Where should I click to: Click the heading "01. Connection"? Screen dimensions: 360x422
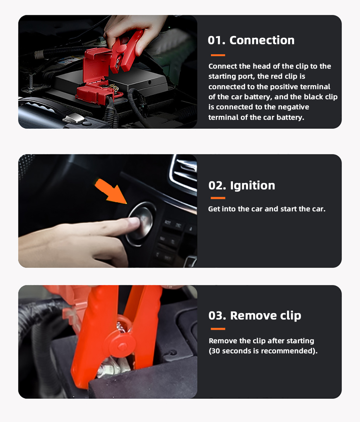251,40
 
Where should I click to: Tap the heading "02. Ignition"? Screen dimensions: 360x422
242,186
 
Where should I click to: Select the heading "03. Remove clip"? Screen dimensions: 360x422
255,315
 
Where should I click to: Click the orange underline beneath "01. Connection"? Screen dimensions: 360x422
218,55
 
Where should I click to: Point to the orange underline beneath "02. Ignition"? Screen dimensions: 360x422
218,198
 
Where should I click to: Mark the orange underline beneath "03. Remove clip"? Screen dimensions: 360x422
218,329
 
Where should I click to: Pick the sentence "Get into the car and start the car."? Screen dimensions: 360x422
267,209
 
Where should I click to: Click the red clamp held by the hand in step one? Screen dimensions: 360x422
125,51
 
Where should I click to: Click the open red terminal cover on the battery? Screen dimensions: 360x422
97,66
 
